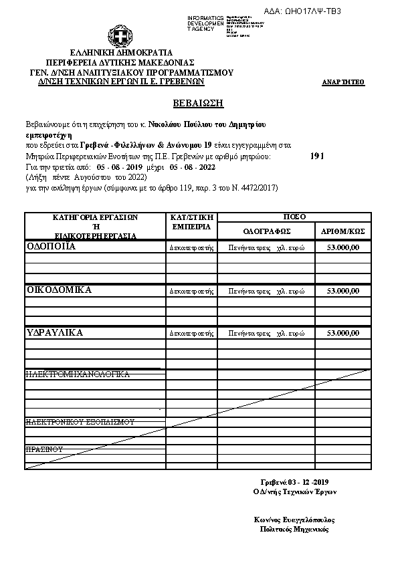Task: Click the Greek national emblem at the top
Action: pos(121,36)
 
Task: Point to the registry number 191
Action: pos(318,155)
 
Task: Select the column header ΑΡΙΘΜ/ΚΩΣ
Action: pos(342,231)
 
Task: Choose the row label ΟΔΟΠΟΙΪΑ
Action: pos(51,246)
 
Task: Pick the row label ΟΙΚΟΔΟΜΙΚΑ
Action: pos(58,290)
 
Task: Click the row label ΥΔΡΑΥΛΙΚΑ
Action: pos(54,332)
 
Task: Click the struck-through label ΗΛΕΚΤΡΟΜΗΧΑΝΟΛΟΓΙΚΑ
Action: pos(77,374)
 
